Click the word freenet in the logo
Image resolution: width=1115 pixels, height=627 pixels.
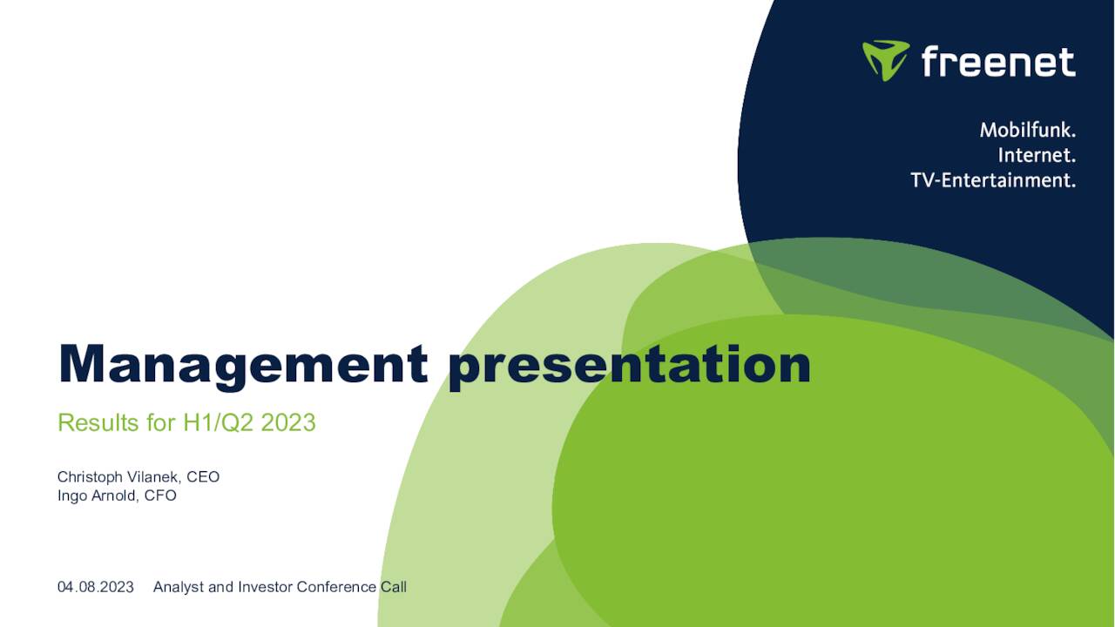(x=998, y=62)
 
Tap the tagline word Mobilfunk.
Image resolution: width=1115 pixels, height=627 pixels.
(x=1028, y=130)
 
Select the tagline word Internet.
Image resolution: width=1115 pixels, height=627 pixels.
(x=1037, y=155)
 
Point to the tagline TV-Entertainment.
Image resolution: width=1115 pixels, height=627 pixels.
(x=993, y=180)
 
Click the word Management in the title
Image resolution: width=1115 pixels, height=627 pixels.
(x=243, y=365)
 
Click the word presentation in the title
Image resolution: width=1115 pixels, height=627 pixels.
(x=629, y=365)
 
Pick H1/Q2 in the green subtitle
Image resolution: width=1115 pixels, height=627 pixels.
(x=219, y=423)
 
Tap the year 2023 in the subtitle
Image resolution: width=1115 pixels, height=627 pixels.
(x=288, y=423)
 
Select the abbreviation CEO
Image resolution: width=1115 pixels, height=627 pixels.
(x=203, y=477)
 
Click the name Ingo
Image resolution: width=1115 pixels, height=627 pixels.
(x=72, y=496)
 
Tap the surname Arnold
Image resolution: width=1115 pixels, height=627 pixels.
(x=114, y=496)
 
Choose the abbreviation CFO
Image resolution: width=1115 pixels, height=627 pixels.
(x=160, y=496)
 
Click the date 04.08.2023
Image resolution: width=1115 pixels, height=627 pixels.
(x=96, y=587)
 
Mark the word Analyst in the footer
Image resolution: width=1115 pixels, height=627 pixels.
(x=179, y=587)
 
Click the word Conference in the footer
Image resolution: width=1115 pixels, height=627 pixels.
(x=336, y=587)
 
